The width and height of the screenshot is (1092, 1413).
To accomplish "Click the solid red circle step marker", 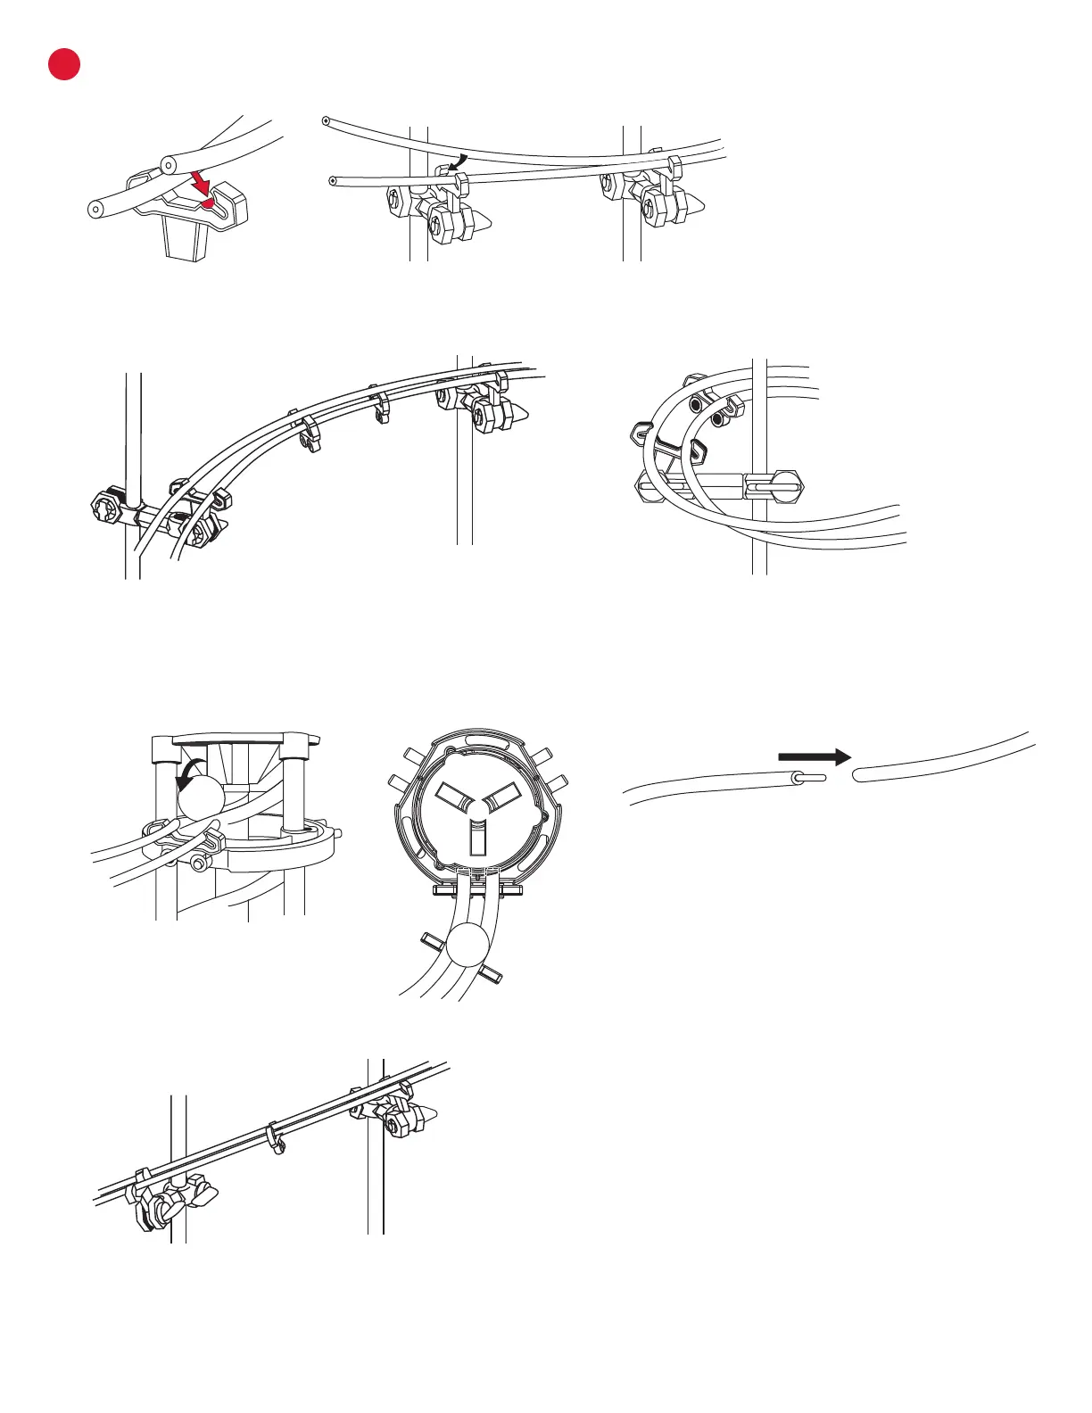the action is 64,64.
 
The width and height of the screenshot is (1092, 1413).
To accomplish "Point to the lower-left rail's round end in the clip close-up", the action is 95,209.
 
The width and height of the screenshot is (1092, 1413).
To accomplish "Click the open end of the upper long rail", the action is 327,120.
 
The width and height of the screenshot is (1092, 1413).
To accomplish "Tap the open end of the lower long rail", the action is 334,180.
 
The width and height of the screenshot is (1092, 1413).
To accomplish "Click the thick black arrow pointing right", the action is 814,756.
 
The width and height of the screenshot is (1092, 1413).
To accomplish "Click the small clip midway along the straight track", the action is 275,1139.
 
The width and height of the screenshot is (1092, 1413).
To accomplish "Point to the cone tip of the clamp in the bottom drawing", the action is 431,1116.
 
